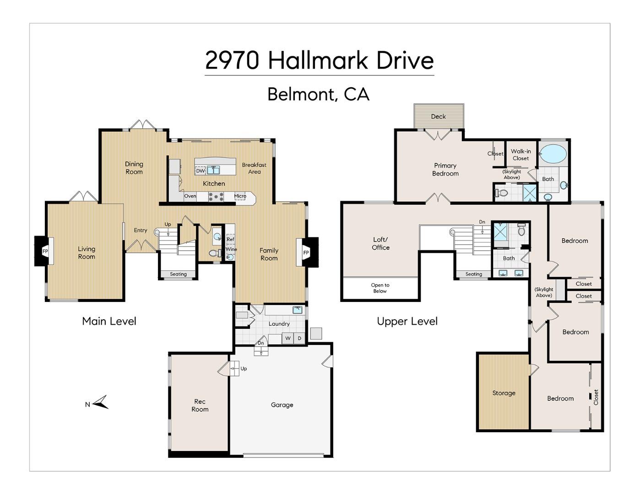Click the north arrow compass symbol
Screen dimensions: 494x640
tap(101, 403)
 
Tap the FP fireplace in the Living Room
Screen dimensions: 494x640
tap(45, 251)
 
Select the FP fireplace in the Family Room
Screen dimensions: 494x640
tap(306, 252)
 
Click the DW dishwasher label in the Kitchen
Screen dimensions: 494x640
tap(200, 171)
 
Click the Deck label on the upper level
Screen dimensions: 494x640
tap(438, 116)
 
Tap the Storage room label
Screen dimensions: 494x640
tap(504, 393)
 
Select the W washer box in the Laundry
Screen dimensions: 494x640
tap(288, 338)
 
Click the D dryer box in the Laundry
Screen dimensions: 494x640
tap(299, 338)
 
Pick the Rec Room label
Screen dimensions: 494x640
tap(200, 405)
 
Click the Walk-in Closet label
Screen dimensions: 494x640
tap(521, 155)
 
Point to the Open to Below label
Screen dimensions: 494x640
tap(380, 288)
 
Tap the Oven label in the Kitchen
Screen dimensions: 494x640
tap(190, 196)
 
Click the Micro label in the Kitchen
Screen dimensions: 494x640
tap(240, 196)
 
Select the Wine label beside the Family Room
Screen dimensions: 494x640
tap(231, 249)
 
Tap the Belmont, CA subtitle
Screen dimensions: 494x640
tap(318, 94)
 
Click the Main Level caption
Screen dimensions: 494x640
tap(109, 321)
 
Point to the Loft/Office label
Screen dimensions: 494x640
tap(380, 243)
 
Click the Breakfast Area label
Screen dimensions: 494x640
tap(254, 168)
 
